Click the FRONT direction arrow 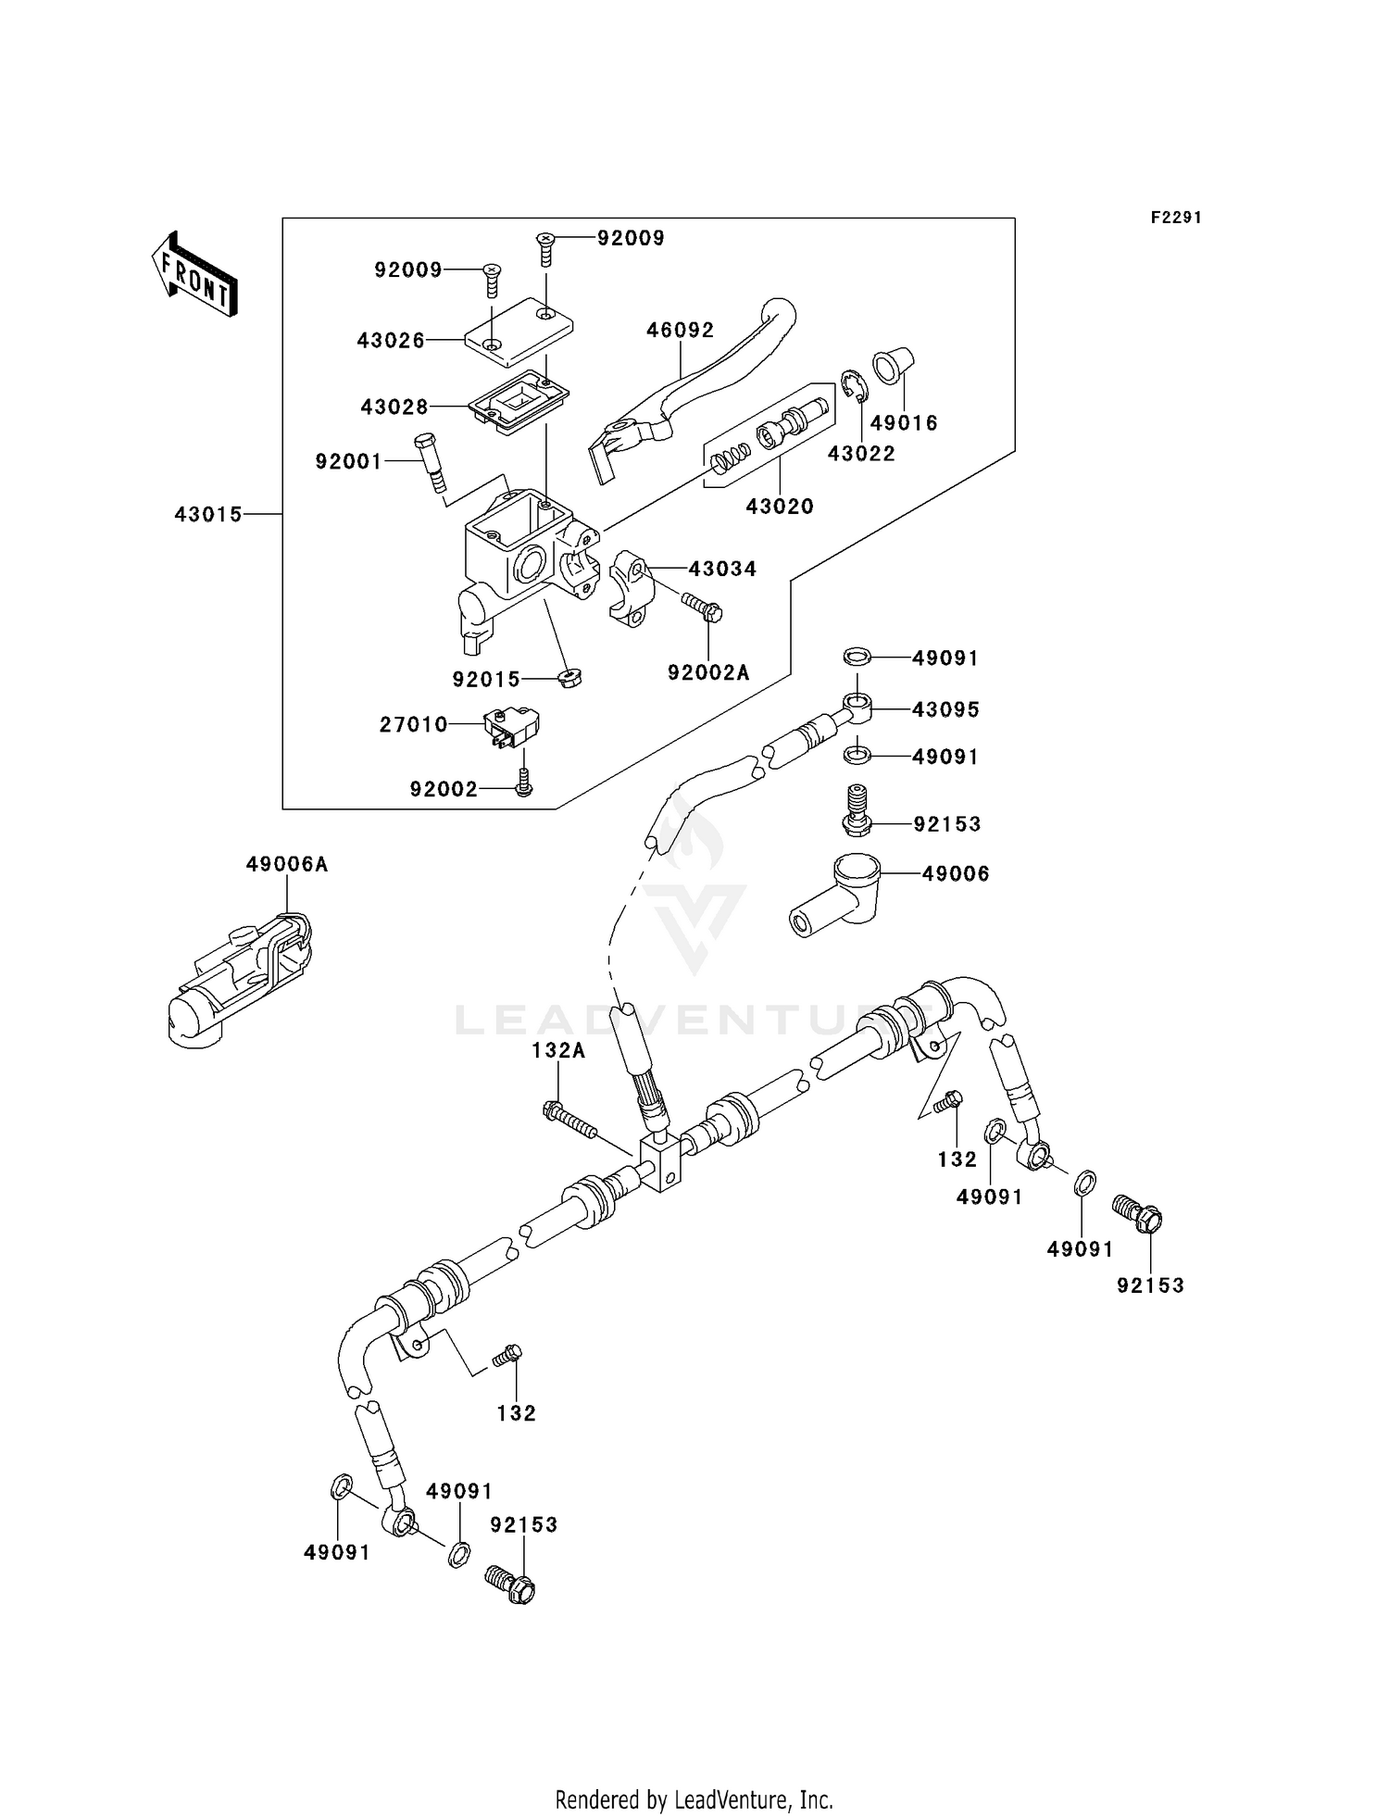(194, 276)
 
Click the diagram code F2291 (1175, 218)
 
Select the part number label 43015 (208, 514)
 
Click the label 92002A (708, 673)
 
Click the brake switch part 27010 (510, 727)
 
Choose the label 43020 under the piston (780, 507)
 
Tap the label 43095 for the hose (945, 709)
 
